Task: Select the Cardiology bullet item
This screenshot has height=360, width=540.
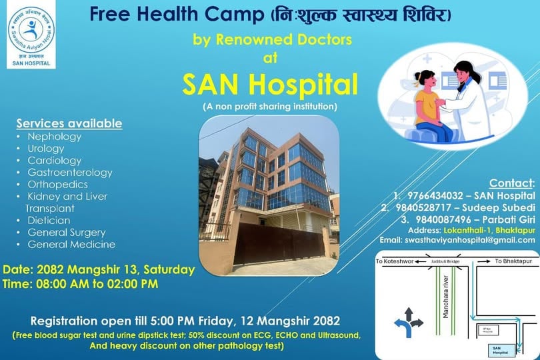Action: (54, 161)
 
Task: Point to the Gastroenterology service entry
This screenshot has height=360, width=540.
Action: (70, 173)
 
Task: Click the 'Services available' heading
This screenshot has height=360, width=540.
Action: (69, 124)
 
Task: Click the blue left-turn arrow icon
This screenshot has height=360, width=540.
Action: (403, 325)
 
